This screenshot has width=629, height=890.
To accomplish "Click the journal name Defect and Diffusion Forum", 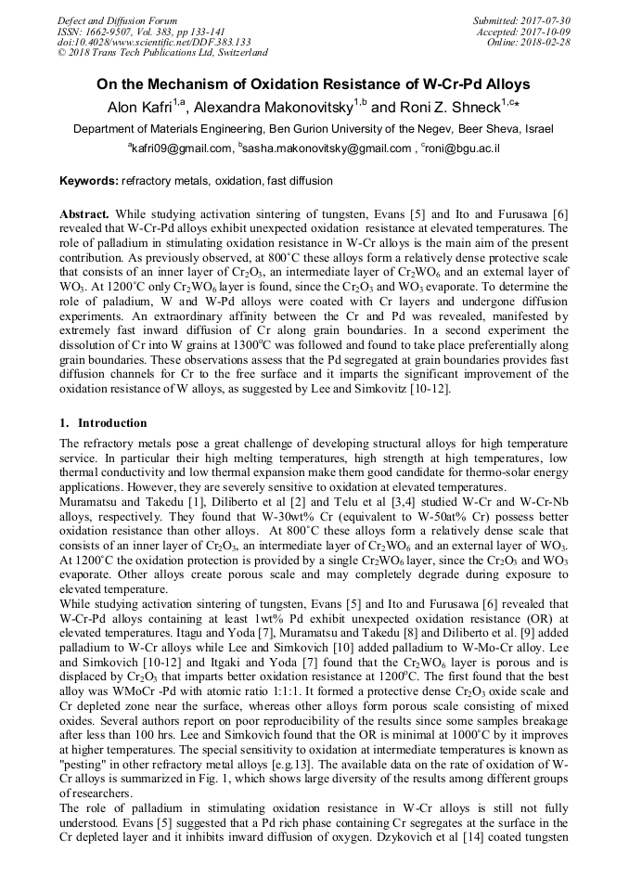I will click(x=117, y=20).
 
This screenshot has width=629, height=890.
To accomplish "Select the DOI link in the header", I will click(x=154, y=43).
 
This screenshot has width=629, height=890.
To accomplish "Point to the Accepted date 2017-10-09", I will click(x=550, y=32).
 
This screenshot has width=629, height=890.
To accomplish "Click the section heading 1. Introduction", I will click(x=103, y=423).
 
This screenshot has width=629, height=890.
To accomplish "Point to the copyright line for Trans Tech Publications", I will click(x=162, y=53).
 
